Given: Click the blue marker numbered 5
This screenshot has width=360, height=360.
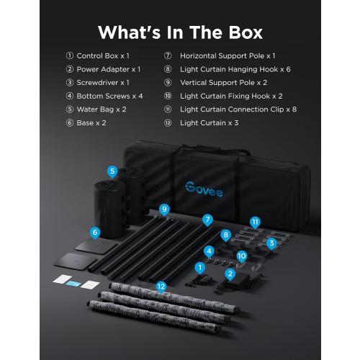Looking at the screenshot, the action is click(112, 172).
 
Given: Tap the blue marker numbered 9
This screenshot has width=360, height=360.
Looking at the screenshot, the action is click(164, 210).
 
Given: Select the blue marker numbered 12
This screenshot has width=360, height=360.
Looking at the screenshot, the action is click(161, 287).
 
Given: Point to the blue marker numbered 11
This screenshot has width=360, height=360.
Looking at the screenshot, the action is click(255, 222).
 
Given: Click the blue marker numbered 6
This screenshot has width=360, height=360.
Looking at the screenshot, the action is click(95, 233).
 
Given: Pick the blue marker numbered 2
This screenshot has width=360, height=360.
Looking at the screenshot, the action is click(230, 274).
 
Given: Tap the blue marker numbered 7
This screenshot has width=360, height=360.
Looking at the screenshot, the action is click(207, 220).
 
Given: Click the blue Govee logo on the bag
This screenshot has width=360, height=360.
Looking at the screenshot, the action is click(204, 189).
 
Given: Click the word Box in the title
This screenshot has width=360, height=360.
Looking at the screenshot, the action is click(246, 32).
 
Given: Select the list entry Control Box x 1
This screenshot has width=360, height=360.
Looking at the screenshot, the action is click(103, 56).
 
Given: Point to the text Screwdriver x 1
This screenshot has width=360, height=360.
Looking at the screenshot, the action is click(103, 83).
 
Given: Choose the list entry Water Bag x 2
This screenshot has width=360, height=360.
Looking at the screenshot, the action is click(102, 109).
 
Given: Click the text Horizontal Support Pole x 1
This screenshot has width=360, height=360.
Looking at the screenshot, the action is click(228, 56).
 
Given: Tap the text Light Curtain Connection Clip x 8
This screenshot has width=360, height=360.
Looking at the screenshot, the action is click(238, 109).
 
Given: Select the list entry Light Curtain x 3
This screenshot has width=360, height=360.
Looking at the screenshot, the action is click(209, 123).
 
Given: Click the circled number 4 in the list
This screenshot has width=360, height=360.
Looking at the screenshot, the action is click(70, 96).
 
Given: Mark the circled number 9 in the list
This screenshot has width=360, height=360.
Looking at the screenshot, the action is click(168, 83).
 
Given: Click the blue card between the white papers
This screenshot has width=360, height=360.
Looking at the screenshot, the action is click(73, 284).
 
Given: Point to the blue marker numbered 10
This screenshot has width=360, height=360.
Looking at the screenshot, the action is click(242, 256).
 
